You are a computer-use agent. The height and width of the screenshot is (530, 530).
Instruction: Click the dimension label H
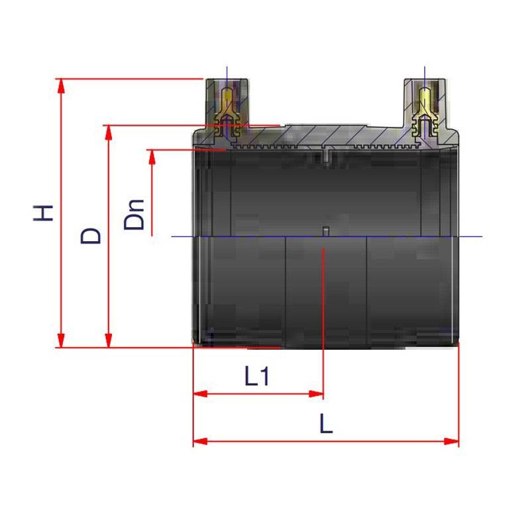click(43, 213)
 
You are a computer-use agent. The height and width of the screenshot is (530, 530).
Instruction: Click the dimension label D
click(91, 236)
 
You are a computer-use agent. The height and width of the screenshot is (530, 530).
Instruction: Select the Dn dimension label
click(134, 215)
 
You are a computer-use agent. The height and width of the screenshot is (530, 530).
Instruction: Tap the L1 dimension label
click(257, 376)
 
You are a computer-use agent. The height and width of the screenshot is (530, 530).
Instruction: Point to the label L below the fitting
click(326, 423)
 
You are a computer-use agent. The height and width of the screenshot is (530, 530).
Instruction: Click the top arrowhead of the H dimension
click(61, 86)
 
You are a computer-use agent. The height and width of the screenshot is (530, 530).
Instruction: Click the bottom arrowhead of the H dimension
click(61, 341)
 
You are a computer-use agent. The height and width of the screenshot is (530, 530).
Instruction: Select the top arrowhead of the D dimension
click(108, 132)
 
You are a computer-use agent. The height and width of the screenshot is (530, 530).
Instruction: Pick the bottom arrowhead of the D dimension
click(108, 341)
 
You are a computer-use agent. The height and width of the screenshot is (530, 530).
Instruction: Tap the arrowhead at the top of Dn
click(152, 157)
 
